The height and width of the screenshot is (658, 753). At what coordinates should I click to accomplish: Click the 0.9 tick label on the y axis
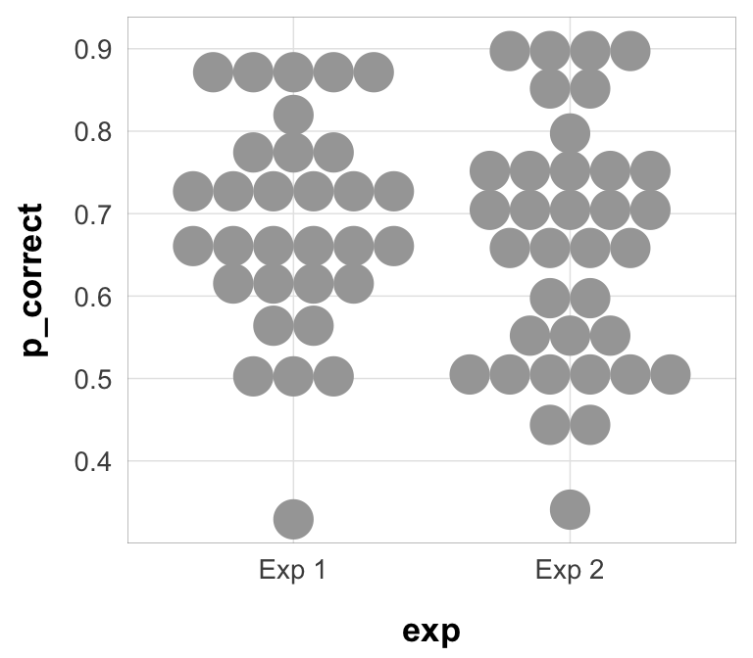click(x=94, y=49)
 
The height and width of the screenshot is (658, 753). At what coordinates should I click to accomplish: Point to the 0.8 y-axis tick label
click(x=94, y=131)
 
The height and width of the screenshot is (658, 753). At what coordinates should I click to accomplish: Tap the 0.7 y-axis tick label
click(x=94, y=213)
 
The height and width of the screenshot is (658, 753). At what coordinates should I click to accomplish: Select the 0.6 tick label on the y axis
click(x=94, y=296)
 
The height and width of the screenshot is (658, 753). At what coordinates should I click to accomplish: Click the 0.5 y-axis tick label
click(x=94, y=378)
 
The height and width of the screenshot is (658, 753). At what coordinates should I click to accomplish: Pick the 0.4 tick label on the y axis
click(x=94, y=460)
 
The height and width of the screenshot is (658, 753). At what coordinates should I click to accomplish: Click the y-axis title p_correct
click(x=34, y=280)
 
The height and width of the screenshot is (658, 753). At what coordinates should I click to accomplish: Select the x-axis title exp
click(x=431, y=632)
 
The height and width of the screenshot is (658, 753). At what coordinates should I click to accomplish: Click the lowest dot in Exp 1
click(x=293, y=518)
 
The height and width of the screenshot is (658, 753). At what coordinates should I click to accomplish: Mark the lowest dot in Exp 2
click(x=570, y=509)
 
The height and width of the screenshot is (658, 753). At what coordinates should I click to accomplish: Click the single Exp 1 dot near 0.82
click(x=293, y=115)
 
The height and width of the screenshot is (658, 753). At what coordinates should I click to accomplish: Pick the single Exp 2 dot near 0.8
click(x=570, y=131)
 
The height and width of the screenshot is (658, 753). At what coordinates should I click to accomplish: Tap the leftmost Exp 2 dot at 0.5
click(x=470, y=374)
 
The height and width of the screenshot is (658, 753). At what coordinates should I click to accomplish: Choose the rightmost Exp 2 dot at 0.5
click(x=671, y=374)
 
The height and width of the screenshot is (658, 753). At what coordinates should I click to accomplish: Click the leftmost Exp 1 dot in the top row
click(x=213, y=71)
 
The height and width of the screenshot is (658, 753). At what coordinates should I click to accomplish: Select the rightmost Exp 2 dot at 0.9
click(x=630, y=50)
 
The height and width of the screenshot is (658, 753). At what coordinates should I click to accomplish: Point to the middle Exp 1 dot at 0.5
click(x=293, y=375)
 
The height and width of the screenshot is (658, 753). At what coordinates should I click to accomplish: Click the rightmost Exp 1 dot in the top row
click(x=374, y=71)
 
